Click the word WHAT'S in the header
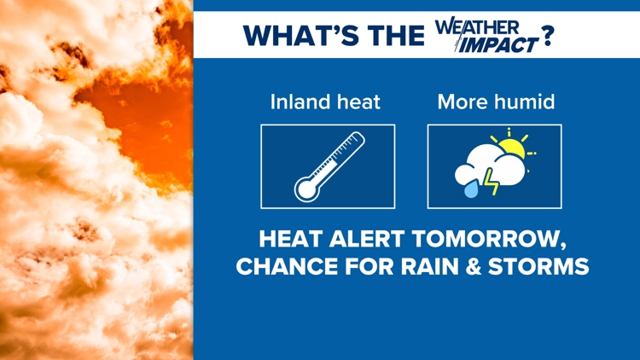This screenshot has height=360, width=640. (301, 35)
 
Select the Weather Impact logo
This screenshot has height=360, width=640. (487, 35)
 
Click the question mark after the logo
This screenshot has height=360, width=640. (547, 36)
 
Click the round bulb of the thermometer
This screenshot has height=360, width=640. (306, 189)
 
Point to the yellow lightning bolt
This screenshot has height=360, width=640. (491, 182)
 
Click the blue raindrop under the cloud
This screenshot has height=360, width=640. (471, 189)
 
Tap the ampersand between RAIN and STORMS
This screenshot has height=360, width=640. (474, 266)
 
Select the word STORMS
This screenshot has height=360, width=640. (538, 266)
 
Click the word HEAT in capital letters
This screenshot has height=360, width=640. (291, 239)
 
